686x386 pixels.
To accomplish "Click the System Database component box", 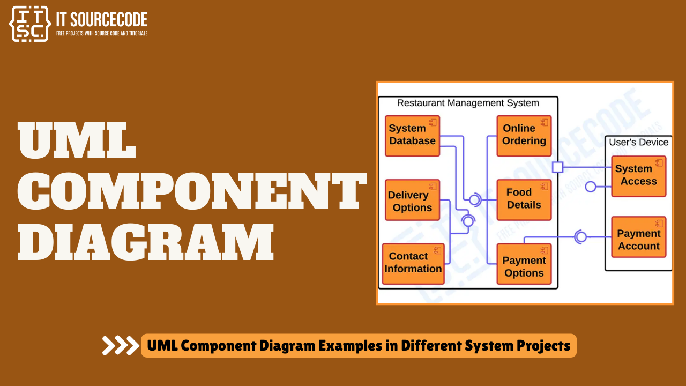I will coord(412,136).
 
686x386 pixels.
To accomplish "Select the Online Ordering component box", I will coord(524,136).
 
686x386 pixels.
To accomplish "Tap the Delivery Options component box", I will coord(412,200).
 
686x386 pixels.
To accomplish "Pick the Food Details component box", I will coord(524,199).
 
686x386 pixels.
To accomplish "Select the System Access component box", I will coord(638,176).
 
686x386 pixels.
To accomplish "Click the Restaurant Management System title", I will coord(468,103).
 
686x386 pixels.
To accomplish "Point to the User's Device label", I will coord(638,143).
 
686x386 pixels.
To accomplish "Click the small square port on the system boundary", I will coord(557,167).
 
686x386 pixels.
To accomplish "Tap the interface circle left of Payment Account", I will coord(580,236).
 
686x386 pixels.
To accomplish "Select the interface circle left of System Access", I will coord(591,187).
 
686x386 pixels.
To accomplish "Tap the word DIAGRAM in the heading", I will coord(145,242).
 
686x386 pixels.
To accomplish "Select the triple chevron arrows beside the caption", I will coord(120,346).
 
